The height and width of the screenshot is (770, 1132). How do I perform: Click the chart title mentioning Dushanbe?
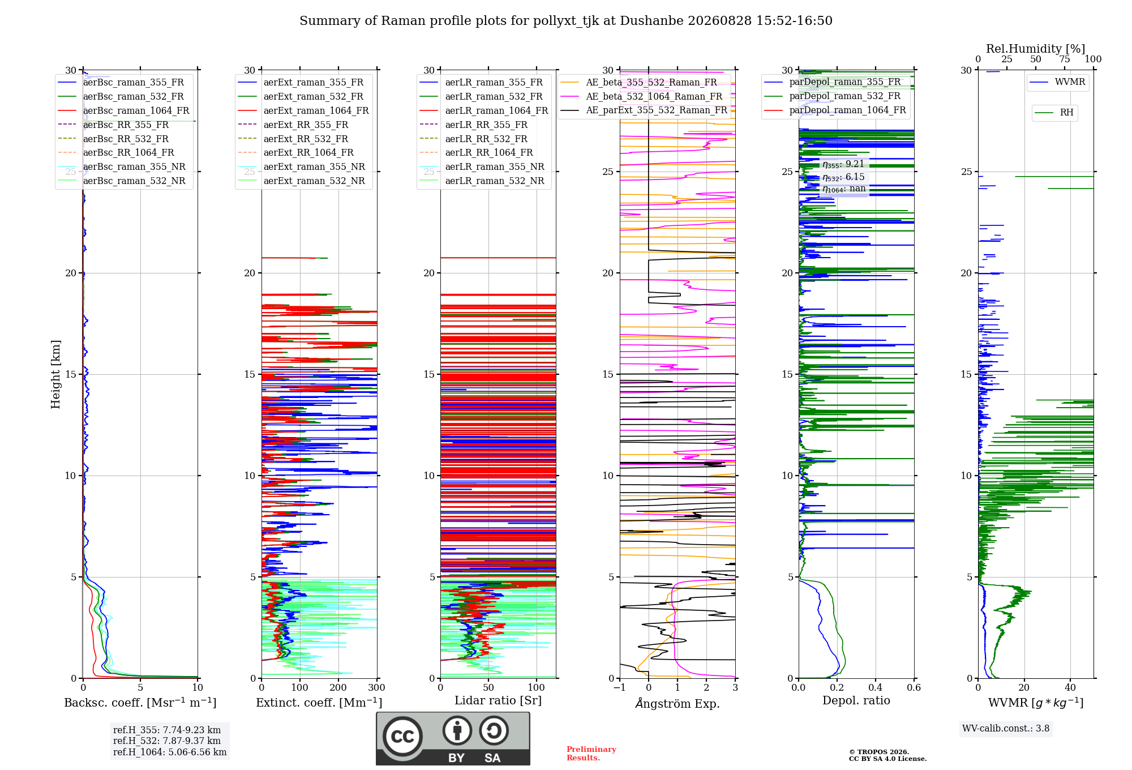click(566, 21)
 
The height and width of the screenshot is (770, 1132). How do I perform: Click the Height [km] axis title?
click(55, 374)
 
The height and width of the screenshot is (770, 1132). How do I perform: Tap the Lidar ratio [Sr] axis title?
click(498, 700)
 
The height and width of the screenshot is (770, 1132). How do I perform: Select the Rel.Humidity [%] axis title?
click(1036, 49)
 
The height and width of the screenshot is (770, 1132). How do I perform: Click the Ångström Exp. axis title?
click(678, 703)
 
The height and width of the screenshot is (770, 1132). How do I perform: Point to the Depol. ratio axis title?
click(856, 700)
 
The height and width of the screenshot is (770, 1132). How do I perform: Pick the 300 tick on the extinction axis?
click(376, 687)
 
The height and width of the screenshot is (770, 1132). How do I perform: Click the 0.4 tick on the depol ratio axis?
click(875, 687)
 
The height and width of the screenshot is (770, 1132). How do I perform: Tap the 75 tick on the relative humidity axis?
click(1064, 59)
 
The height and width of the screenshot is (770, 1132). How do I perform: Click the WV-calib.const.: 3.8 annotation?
click(1006, 728)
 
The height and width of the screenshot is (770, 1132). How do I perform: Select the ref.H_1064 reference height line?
click(170, 752)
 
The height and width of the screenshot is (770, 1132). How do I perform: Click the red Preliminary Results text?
click(591, 754)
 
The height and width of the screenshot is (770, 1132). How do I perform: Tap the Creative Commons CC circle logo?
click(402, 737)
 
